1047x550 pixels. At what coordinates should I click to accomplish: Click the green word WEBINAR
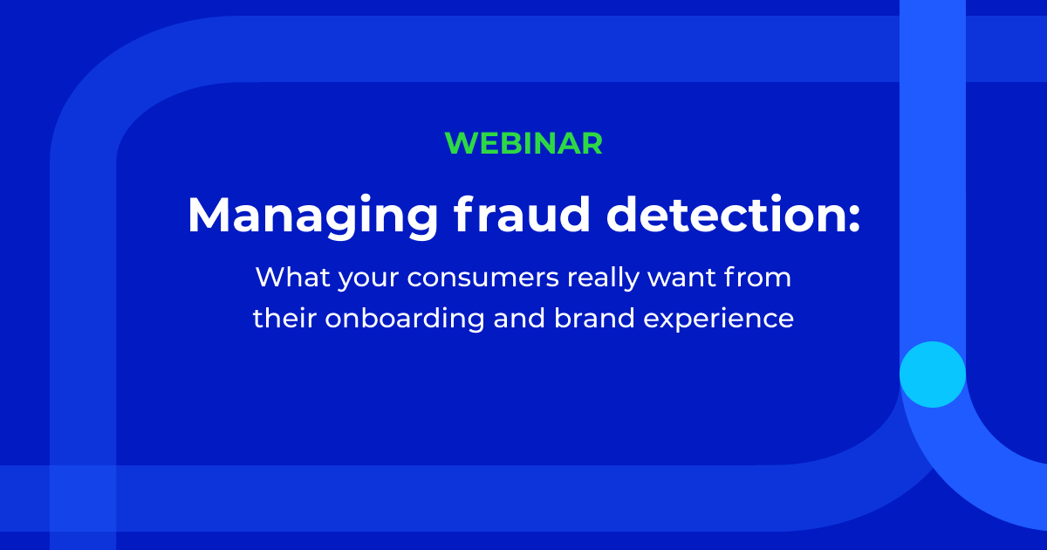tap(523, 143)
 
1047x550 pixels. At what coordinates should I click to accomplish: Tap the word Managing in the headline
tap(312, 217)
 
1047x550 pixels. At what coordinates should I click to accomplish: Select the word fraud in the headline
tap(522, 213)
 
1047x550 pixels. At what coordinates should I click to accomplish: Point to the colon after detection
tap(854, 218)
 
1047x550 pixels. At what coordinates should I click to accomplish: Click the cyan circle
tap(933, 375)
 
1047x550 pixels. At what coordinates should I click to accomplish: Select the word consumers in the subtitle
tap(482, 278)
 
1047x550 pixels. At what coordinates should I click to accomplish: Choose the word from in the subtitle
tap(757, 277)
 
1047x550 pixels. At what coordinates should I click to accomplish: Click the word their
tap(284, 318)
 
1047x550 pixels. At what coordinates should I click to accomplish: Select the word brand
tap(594, 318)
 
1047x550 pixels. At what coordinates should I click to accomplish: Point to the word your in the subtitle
tap(368, 280)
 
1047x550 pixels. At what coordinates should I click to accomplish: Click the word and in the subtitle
tap(519, 318)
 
